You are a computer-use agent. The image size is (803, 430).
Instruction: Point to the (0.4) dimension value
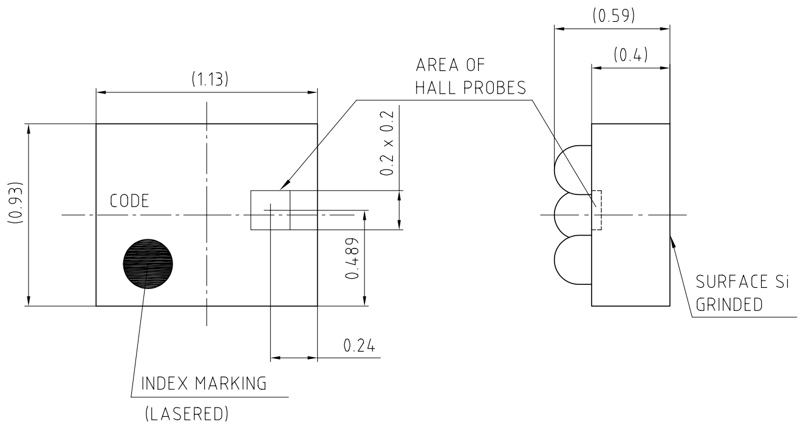pyautogui.click(x=630, y=56)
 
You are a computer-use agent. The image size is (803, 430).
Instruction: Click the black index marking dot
pyautogui.click(x=148, y=263)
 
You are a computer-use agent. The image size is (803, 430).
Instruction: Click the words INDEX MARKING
pyautogui.click(x=203, y=384)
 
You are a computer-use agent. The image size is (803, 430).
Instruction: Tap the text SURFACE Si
pyautogui.click(x=745, y=284)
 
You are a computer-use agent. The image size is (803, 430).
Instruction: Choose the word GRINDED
pyautogui.click(x=729, y=305)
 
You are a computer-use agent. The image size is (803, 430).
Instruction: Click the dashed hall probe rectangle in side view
pyautogui.click(x=596, y=211)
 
